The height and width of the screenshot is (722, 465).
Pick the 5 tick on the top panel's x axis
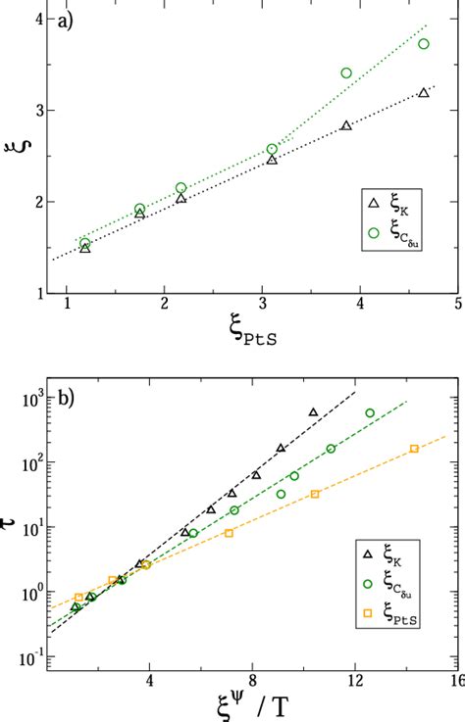[457, 305]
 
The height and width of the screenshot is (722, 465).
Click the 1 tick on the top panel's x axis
[67, 305]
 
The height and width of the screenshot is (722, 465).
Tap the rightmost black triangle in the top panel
[424, 93]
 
